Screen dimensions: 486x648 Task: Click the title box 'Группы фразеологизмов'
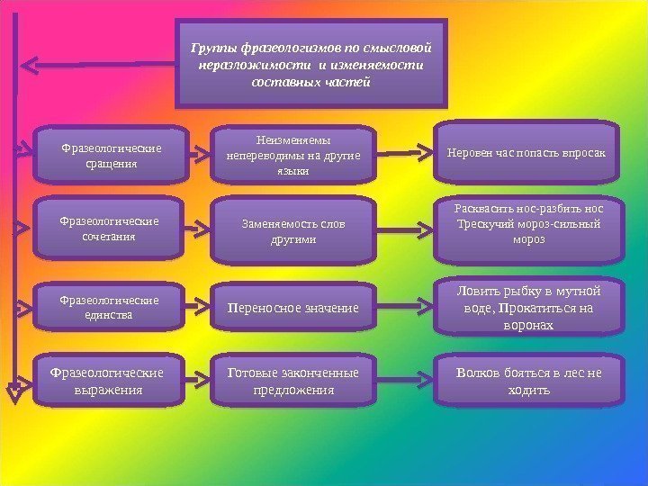pyautogui.click(x=310, y=63)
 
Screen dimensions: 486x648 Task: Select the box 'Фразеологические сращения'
pyautogui.click(x=105, y=155)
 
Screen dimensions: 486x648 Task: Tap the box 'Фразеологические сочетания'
pyautogui.click(x=105, y=229)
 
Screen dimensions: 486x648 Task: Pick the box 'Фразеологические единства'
pyautogui.click(x=105, y=307)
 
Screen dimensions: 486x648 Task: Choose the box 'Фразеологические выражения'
pyautogui.click(x=105, y=381)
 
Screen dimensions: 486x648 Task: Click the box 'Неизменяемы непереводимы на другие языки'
pyautogui.click(x=293, y=154)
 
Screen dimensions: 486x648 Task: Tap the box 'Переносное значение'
pyautogui.click(x=293, y=309)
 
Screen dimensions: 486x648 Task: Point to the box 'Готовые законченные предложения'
pyautogui.click(x=293, y=381)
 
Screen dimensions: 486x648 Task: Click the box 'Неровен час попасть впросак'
pyautogui.click(x=526, y=154)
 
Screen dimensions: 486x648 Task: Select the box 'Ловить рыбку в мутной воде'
pyautogui.click(x=526, y=307)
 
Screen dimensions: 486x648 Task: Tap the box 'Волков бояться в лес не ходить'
pyautogui.click(x=526, y=381)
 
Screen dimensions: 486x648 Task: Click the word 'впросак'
pyautogui.click(x=584, y=154)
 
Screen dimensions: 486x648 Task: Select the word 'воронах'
pyautogui.click(x=529, y=325)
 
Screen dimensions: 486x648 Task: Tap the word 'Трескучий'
pyautogui.click(x=482, y=225)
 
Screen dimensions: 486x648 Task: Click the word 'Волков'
pyautogui.click(x=478, y=373)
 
